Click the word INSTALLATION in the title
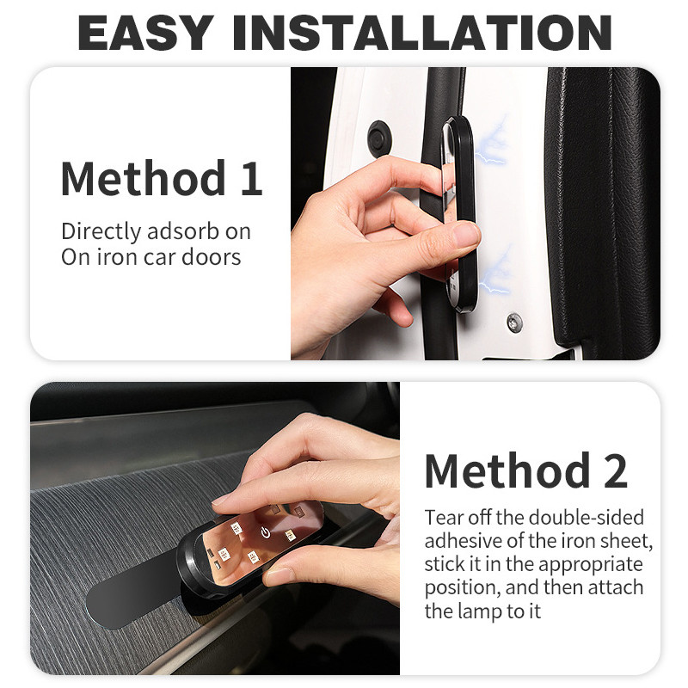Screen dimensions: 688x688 click(x=422, y=33)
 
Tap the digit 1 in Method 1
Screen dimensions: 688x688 click(x=252, y=179)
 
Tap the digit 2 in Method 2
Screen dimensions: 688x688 click(x=615, y=470)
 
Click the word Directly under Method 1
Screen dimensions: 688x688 click(x=101, y=231)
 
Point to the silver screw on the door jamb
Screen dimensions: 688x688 click(x=514, y=322)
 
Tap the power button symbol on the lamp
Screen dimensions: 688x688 click(x=265, y=532)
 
